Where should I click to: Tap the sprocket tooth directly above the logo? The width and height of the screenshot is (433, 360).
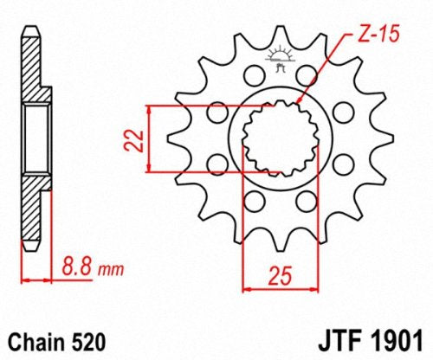point(278,35)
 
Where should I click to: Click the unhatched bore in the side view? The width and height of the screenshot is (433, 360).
point(32,138)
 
